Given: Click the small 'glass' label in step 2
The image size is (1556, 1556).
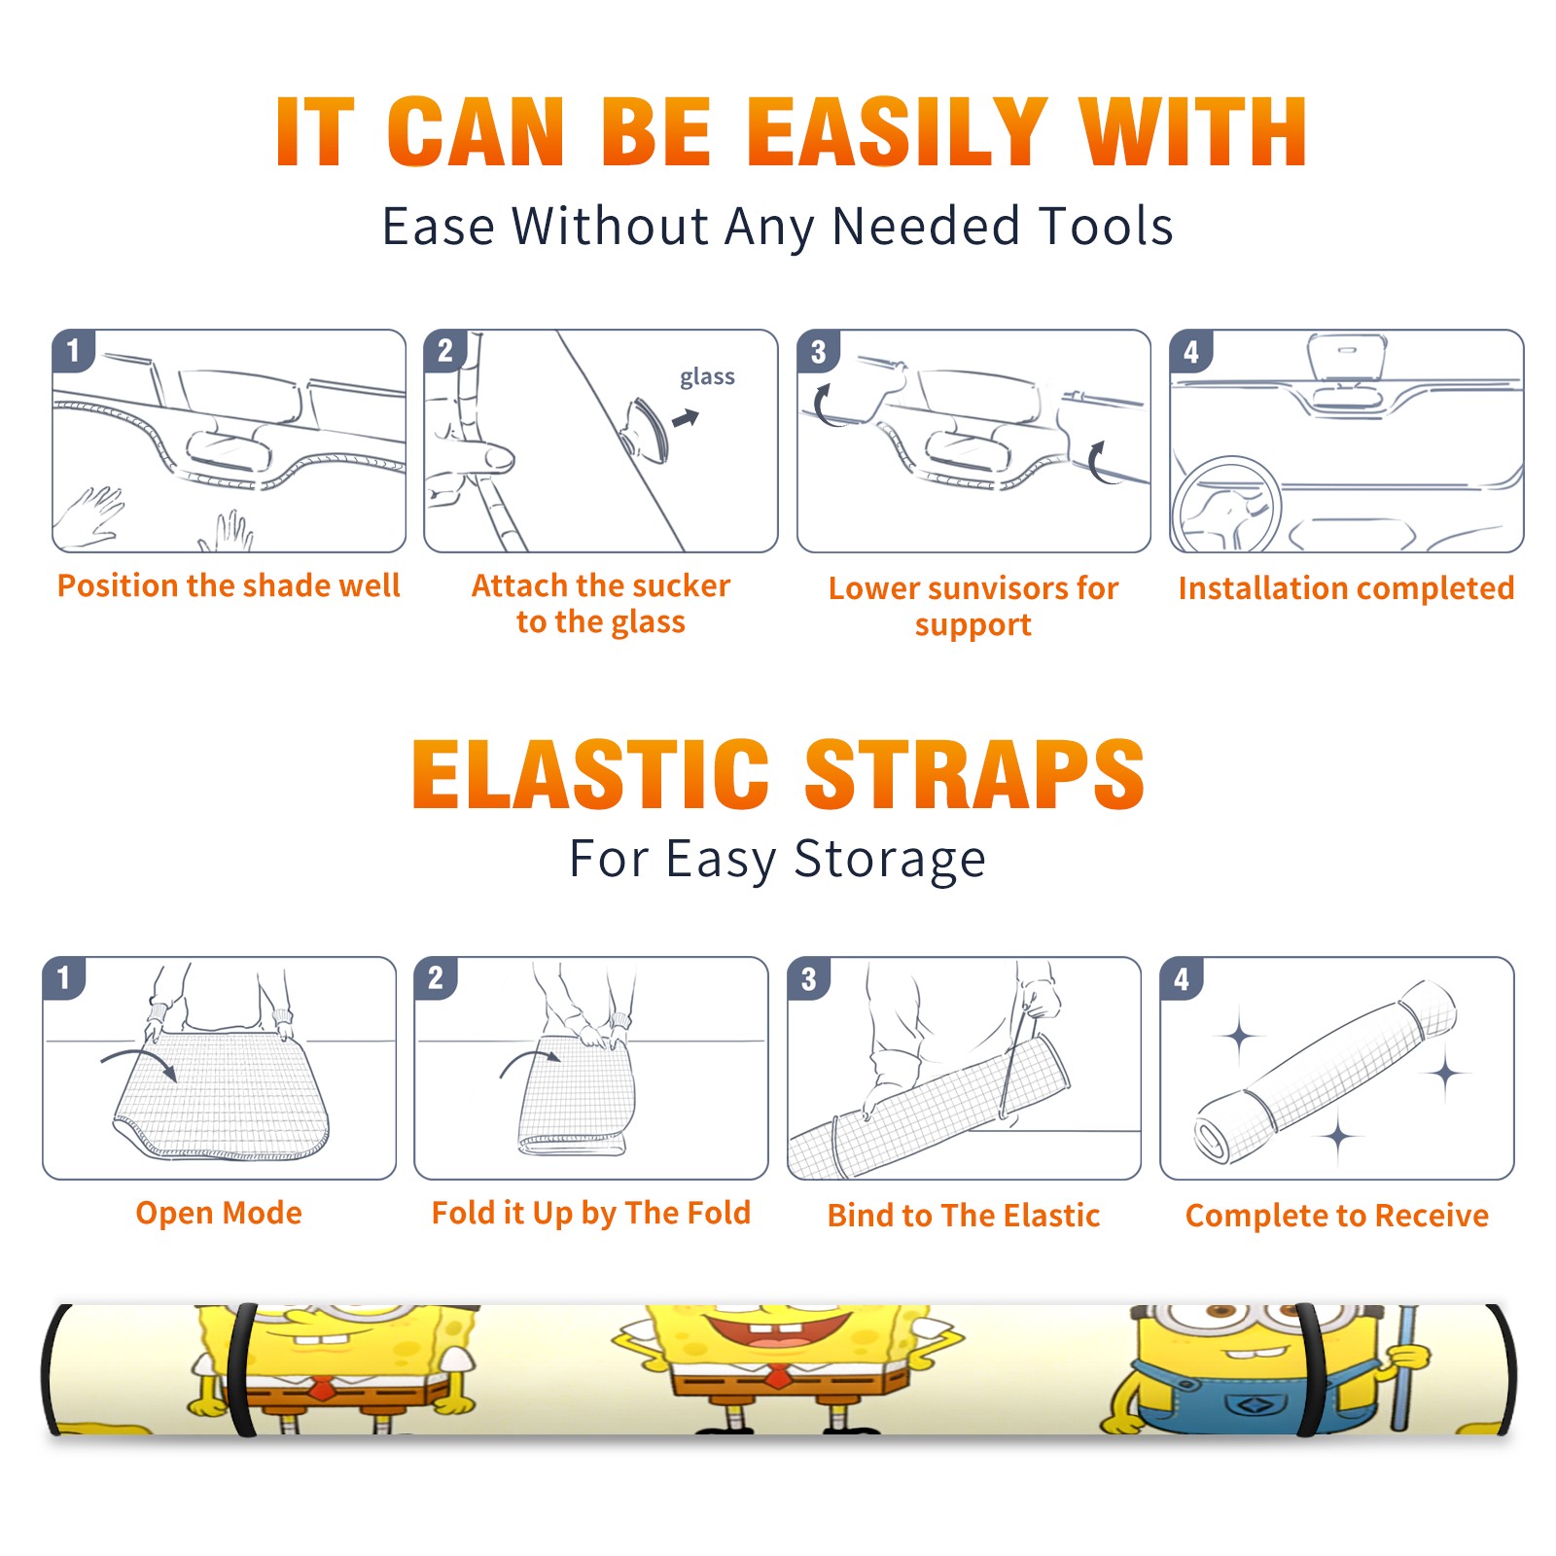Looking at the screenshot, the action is [707, 377].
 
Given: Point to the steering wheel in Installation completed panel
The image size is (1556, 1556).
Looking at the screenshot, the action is [1225, 506].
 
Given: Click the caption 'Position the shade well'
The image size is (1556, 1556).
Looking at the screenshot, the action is [229, 585].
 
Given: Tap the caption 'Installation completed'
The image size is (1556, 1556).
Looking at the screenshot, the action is [1346, 588].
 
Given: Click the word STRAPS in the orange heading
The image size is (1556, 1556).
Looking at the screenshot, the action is [974, 774].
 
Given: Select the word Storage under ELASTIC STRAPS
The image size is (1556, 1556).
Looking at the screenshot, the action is [890, 861].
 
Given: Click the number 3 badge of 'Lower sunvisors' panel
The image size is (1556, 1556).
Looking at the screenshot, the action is [818, 351].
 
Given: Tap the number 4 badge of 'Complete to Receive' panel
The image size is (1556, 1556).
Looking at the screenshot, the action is [1181, 978].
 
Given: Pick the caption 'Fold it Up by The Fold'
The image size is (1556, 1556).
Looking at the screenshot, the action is [591, 1213].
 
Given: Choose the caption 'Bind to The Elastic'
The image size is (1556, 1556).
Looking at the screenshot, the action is [964, 1216].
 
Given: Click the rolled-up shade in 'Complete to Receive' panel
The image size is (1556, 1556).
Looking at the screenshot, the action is [1326, 1072].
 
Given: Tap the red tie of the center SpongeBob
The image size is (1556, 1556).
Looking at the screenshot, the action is [777, 1375].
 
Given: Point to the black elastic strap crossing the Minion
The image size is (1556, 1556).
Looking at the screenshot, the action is [1310, 1369].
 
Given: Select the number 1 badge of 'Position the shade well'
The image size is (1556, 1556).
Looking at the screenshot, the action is [73, 350].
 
